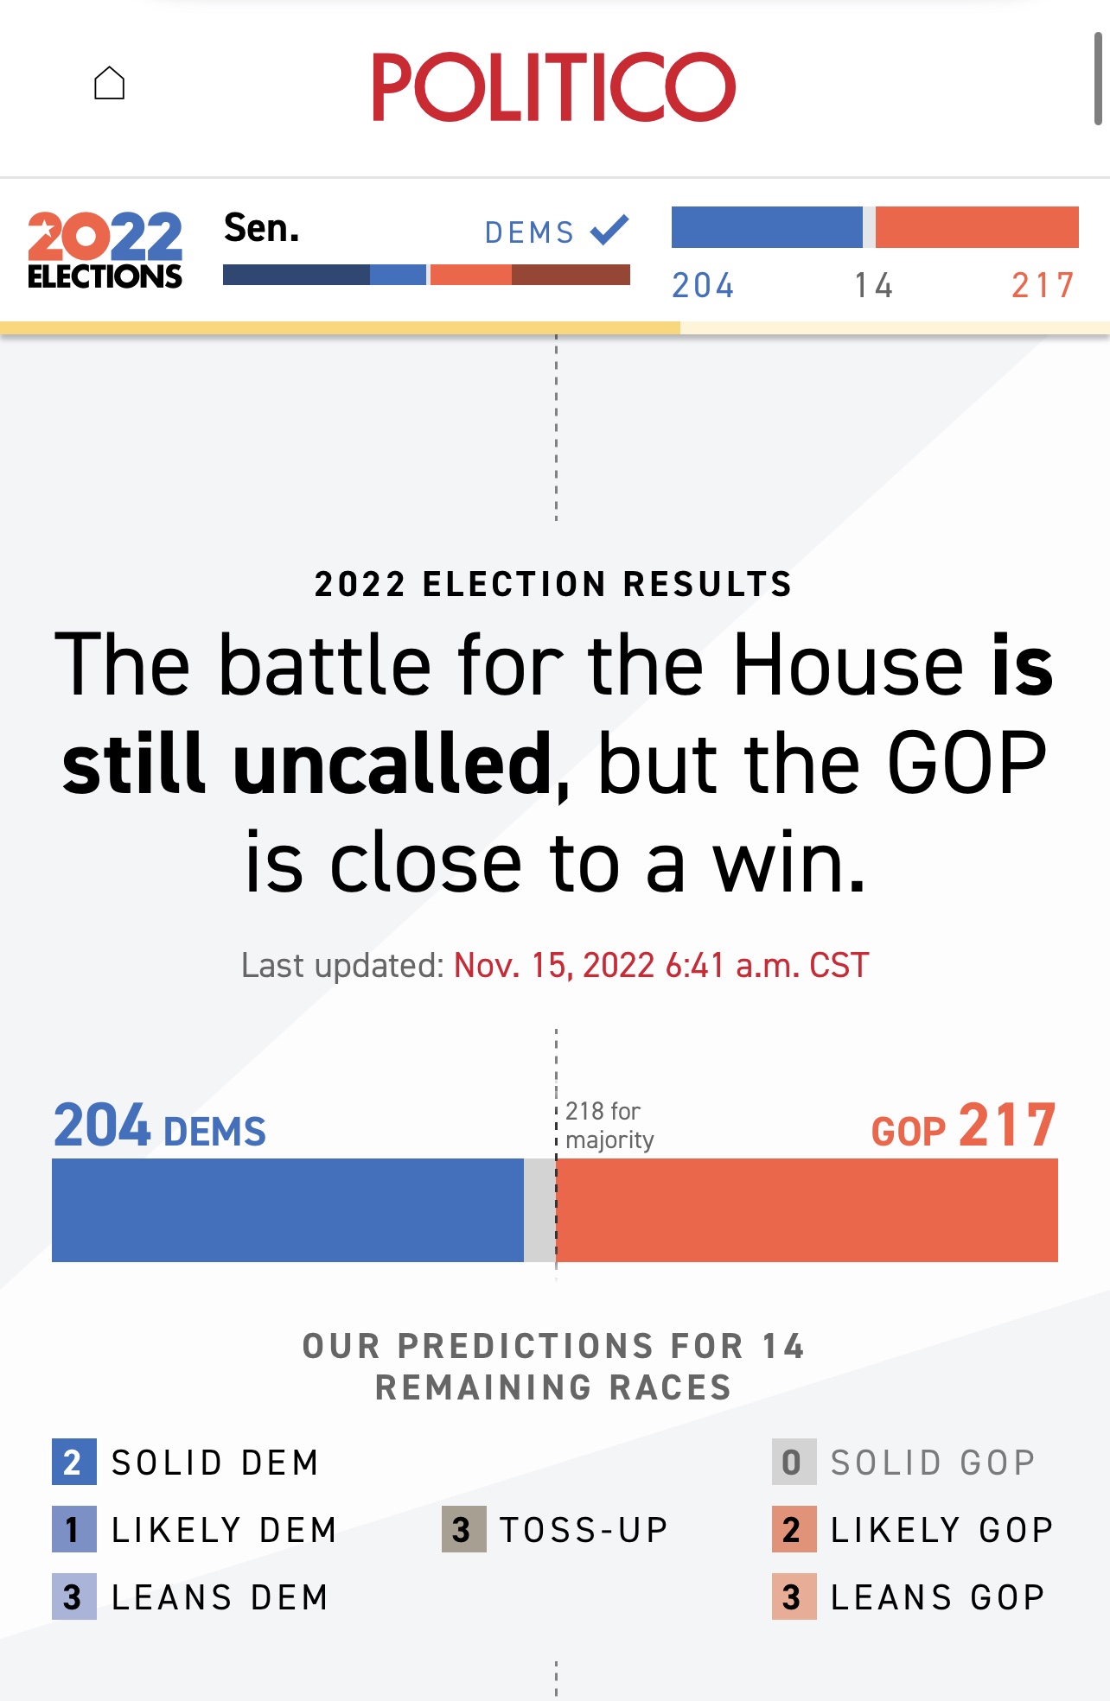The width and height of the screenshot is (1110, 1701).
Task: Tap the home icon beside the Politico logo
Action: (x=110, y=84)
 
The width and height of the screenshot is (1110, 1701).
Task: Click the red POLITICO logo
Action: (x=553, y=86)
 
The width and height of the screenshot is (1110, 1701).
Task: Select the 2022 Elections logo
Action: (x=105, y=250)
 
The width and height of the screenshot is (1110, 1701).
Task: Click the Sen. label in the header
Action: (x=261, y=228)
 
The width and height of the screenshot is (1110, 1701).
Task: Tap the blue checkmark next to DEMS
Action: (x=609, y=230)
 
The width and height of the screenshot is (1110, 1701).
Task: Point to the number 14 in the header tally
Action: (x=873, y=285)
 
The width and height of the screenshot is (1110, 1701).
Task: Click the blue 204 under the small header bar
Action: (x=703, y=285)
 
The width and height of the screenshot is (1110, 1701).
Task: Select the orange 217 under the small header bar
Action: (x=1043, y=285)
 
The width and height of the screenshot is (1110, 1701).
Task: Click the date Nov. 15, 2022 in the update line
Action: (x=553, y=965)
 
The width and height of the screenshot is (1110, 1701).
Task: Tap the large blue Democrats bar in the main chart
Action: (x=287, y=1209)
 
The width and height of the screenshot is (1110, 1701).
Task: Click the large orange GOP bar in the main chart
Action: (x=807, y=1209)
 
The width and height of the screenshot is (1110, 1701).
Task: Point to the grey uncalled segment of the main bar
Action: (x=539, y=1209)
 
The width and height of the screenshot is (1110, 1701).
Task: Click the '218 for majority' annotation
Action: (x=609, y=1125)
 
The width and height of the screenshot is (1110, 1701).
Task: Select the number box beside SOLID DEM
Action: (x=73, y=1462)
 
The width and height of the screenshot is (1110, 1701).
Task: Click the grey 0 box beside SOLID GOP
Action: (x=794, y=1462)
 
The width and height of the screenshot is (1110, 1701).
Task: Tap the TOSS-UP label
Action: (x=584, y=1530)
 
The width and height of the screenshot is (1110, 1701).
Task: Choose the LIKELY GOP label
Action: (x=941, y=1530)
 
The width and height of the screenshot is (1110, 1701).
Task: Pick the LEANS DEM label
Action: (x=220, y=1597)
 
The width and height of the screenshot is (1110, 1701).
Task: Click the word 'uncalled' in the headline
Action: (x=393, y=765)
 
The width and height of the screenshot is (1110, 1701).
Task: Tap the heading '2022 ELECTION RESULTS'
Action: (x=553, y=584)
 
